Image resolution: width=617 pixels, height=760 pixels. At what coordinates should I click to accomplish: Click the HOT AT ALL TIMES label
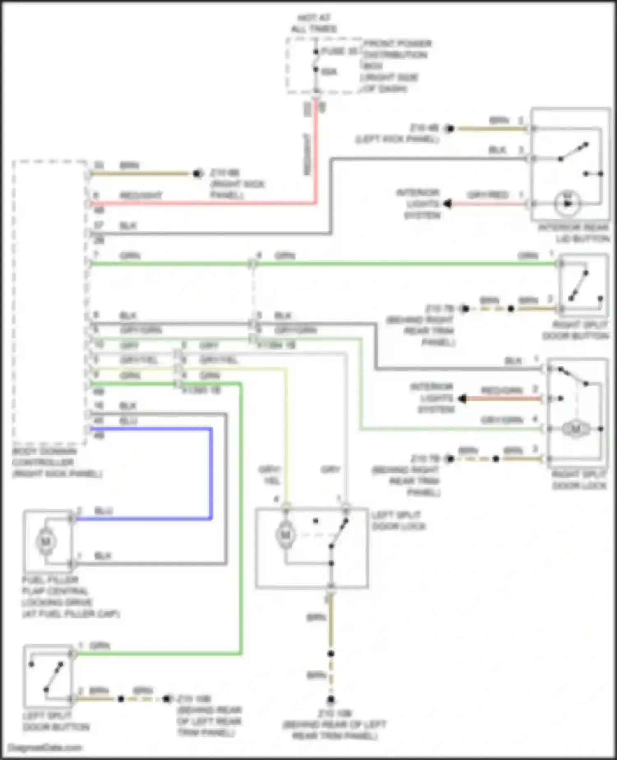[x=314, y=23]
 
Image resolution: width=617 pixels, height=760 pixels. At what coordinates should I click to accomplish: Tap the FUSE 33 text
[x=339, y=51]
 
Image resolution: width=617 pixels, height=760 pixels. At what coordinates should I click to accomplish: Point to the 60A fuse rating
[x=329, y=72]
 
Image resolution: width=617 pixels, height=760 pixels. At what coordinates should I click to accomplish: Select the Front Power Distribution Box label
[x=396, y=66]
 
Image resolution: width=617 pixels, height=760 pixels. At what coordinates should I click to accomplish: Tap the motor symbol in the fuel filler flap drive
[x=46, y=541]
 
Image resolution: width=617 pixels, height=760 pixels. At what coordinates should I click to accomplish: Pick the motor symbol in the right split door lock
[x=575, y=429]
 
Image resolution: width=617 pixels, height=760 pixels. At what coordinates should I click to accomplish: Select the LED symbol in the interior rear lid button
[x=568, y=203]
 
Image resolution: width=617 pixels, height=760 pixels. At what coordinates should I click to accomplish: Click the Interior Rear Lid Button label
[x=574, y=233]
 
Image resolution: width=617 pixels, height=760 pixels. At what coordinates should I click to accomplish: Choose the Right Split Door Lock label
[x=579, y=480]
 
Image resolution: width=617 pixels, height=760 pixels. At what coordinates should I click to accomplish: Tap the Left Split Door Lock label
[x=398, y=521]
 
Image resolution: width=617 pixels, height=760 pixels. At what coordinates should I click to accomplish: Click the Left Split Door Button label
[x=56, y=721]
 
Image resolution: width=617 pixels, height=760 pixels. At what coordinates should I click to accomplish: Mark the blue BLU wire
[x=211, y=473]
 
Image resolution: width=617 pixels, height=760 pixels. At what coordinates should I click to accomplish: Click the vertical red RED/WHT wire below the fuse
[x=315, y=152]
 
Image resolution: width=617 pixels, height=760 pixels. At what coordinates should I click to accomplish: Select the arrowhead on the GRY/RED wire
[x=448, y=204]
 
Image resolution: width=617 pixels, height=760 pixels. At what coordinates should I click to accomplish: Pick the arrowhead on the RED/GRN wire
[x=462, y=399]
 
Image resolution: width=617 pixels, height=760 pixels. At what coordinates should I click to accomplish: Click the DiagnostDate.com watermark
[x=45, y=747]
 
